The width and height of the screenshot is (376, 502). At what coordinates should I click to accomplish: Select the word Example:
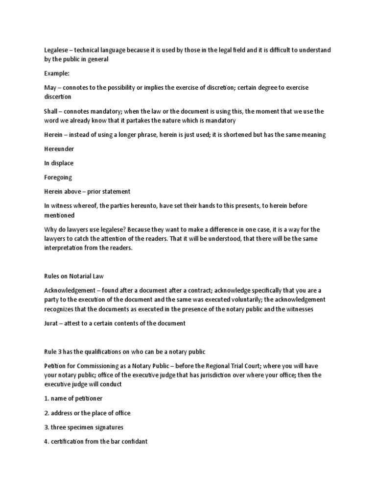pos(58,73)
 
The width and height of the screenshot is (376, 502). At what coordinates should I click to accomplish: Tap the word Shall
pos(51,111)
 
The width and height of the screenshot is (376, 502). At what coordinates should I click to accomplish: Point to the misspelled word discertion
pos(58,97)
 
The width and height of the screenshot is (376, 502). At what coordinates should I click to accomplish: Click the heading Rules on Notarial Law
pos(75,276)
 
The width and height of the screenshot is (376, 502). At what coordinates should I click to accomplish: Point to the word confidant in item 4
pos(132,441)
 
